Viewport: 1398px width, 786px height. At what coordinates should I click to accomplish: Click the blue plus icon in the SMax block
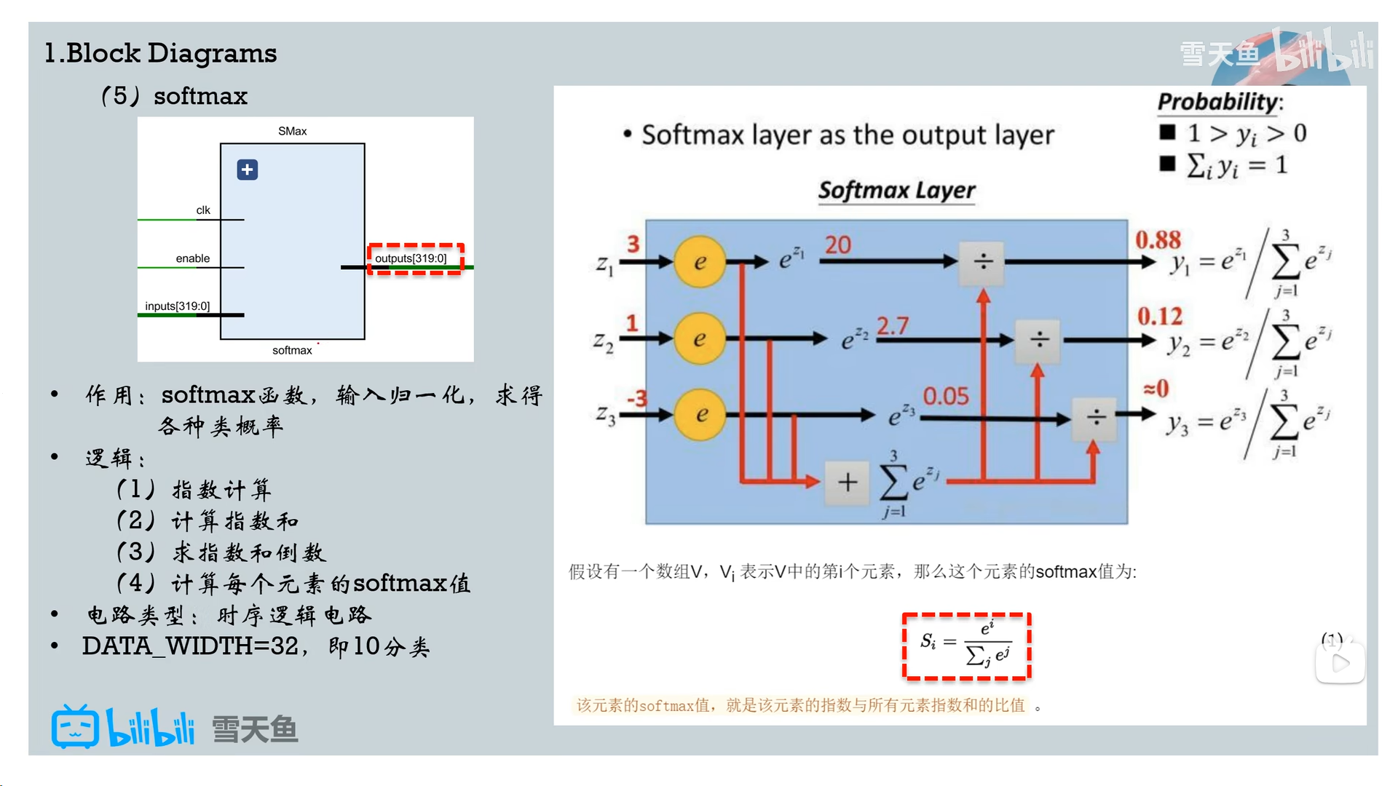pos(248,170)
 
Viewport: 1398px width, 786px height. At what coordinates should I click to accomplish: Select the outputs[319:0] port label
pos(411,258)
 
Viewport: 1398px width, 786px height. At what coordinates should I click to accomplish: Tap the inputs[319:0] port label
pos(177,306)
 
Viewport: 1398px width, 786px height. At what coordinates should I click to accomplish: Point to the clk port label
pos(203,210)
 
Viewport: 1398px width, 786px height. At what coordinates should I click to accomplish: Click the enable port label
pos(192,258)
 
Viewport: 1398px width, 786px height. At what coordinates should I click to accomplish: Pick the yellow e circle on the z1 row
pos(700,262)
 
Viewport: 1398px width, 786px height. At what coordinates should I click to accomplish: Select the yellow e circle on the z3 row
pos(700,415)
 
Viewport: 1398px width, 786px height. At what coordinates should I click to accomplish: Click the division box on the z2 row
pos(1039,339)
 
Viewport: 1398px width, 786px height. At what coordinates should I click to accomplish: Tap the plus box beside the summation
pos(847,482)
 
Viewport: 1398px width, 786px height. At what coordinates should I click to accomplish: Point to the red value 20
pos(837,245)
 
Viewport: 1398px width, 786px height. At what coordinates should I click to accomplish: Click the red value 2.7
pos(892,325)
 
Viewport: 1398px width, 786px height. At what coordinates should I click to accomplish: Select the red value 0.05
pos(946,397)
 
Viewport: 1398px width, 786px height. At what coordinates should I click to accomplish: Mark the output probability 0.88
pos(1158,239)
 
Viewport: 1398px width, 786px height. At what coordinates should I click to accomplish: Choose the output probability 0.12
pos(1160,316)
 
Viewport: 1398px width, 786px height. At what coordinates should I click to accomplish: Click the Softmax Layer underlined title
pos(896,190)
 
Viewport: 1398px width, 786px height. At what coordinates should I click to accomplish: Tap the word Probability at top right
pos(1218,102)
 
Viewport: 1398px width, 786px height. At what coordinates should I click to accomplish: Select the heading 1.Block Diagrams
pos(161,53)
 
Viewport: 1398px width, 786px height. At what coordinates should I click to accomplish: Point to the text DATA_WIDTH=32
pos(190,646)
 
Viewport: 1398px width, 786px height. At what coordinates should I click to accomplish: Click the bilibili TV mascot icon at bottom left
pos(75,727)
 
